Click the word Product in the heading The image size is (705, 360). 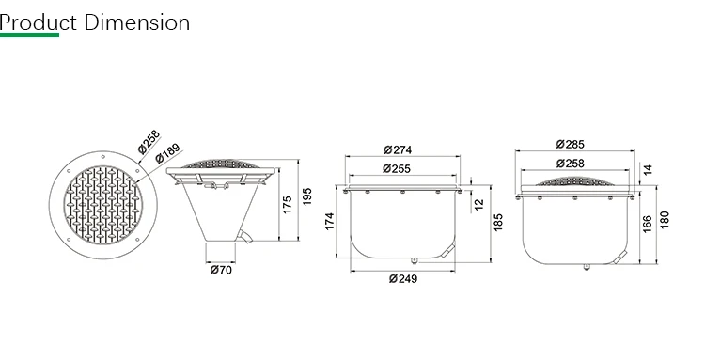point(39,23)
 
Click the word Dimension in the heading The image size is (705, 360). point(137,23)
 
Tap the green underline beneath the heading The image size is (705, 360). point(29,35)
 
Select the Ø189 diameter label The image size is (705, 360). point(167,152)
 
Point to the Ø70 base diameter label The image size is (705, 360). point(221,270)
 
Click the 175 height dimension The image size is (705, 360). point(288,205)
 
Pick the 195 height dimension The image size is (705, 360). point(307,196)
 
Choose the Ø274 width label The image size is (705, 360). point(398,149)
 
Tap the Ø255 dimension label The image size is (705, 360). point(397,168)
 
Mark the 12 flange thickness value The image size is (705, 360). point(478,204)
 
